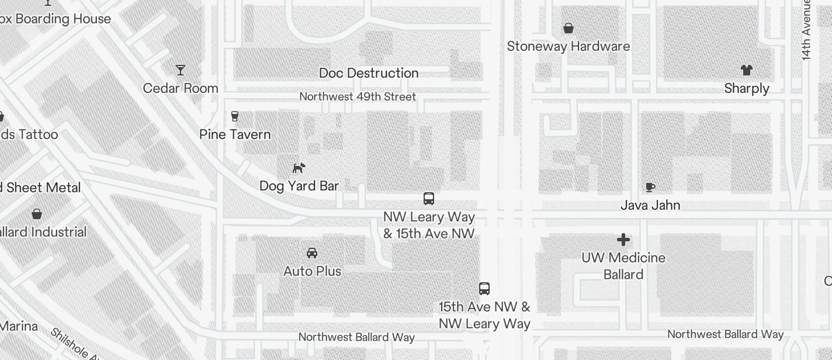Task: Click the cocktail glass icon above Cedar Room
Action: tap(181, 70)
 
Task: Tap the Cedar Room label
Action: tap(181, 88)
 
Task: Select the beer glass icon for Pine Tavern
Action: tap(235, 116)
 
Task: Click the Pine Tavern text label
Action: tap(235, 134)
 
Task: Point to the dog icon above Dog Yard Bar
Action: tap(299, 168)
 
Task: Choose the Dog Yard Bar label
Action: tap(299, 186)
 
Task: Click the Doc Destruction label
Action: tap(369, 73)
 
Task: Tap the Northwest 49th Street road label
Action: tap(358, 96)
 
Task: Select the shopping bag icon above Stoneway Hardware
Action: tap(568, 28)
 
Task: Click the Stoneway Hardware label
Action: tap(568, 46)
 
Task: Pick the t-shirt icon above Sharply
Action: tap(746, 70)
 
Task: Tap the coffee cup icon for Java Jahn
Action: tap(650, 187)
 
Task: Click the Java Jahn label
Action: tap(650, 205)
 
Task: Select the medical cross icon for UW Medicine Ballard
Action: tap(623, 240)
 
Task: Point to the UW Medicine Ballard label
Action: tap(623, 266)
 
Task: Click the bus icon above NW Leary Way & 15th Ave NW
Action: tap(429, 199)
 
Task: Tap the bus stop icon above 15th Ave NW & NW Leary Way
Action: tap(484, 288)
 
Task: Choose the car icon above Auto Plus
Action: tap(312, 253)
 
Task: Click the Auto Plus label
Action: tap(313, 271)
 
